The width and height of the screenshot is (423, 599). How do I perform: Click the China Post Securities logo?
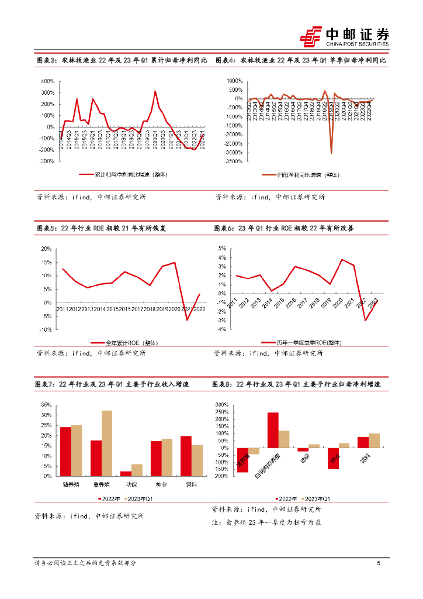coord(345,36)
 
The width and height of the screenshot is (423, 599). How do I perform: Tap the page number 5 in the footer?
coord(379,563)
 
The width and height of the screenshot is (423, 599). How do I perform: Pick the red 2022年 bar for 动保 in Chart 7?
coord(126,474)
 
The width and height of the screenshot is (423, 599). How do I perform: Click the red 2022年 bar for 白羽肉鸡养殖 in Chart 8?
coord(273,430)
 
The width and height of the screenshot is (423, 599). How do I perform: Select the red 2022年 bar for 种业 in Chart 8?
coord(333,458)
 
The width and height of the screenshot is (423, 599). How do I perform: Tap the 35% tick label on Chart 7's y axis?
coord(46,405)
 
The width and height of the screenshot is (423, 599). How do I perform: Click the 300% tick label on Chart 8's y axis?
coord(222,405)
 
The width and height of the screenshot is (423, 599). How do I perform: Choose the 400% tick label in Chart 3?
coord(47,81)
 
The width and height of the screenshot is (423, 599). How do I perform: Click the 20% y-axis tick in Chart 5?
coord(47,249)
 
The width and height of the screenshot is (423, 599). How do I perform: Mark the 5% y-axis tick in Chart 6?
coord(223,249)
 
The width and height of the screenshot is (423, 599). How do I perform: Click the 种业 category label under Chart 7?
coord(161,484)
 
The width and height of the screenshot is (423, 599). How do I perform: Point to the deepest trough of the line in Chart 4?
coord(331,153)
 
